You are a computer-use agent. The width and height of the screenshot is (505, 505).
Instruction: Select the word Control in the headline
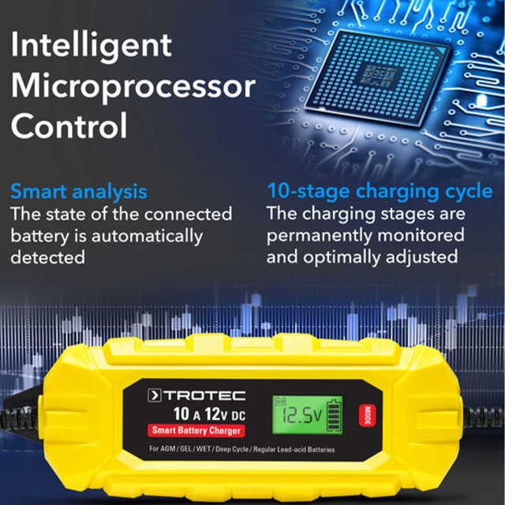coord(69,125)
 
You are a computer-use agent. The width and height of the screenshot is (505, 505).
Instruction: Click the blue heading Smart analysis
coord(79,192)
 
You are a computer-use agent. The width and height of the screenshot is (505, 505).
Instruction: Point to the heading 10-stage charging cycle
coord(380,192)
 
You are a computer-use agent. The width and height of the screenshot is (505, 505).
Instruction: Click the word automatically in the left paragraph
coord(148,236)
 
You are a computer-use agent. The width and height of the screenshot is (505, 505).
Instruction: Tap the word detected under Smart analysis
coord(47,257)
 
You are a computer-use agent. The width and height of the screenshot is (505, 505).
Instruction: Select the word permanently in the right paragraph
coord(320,235)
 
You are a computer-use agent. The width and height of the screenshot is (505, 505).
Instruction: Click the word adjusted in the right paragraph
coord(421,257)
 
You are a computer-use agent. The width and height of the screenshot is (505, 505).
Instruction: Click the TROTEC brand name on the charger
coord(205,396)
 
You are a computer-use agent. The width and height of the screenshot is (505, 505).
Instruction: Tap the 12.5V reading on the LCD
coord(301,416)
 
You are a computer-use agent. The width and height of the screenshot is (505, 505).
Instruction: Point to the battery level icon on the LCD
coord(334,415)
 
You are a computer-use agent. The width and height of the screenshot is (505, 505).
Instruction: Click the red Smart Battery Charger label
coord(196,431)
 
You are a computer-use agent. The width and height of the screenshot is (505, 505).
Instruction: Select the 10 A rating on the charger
coord(187,414)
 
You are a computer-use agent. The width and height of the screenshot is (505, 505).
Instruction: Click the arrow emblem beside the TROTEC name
coord(155,395)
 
